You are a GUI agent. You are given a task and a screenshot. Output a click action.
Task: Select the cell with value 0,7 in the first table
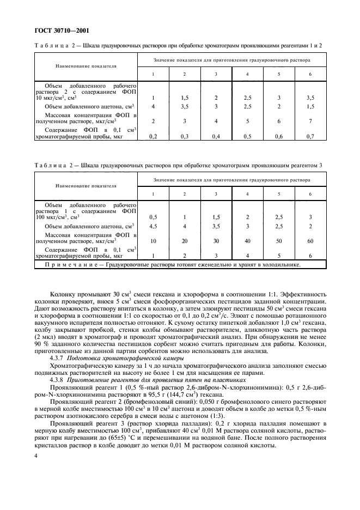(310, 136)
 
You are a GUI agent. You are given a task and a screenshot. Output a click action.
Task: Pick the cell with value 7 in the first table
(310, 122)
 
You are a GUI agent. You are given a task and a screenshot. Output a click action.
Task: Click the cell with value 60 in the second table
(310, 240)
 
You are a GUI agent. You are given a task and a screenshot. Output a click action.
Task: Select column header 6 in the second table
(310, 194)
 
